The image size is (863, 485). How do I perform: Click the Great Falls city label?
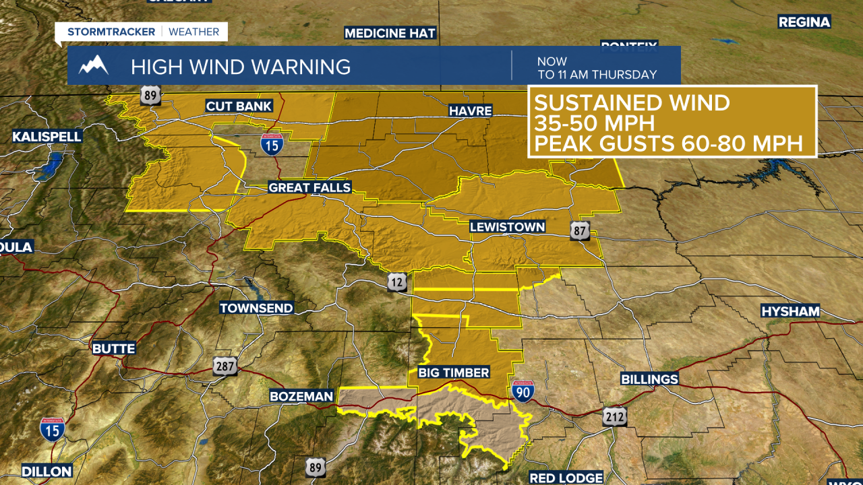(x=309, y=187)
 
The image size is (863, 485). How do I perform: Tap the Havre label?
(x=471, y=110)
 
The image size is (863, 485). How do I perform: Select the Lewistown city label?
(x=507, y=227)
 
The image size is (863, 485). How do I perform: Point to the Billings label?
(x=649, y=379)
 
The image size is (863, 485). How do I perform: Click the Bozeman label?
(x=301, y=396)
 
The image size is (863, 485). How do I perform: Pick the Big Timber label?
(x=453, y=373)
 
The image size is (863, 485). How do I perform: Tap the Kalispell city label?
(x=47, y=137)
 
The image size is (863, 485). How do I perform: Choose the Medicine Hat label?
(x=390, y=33)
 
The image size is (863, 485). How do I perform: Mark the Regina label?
(x=804, y=22)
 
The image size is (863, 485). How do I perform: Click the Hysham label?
(x=790, y=311)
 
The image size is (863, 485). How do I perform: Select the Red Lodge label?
(x=566, y=478)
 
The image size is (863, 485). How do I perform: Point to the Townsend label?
(x=256, y=308)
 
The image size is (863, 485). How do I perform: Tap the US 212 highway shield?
(x=615, y=416)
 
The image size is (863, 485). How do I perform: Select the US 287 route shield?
(x=225, y=366)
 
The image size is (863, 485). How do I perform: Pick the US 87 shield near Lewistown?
(x=580, y=230)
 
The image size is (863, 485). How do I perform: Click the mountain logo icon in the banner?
(x=93, y=65)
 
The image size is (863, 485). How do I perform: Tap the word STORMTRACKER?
(x=111, y=32)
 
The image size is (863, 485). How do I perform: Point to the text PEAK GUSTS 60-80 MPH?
(x=668, y=143)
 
